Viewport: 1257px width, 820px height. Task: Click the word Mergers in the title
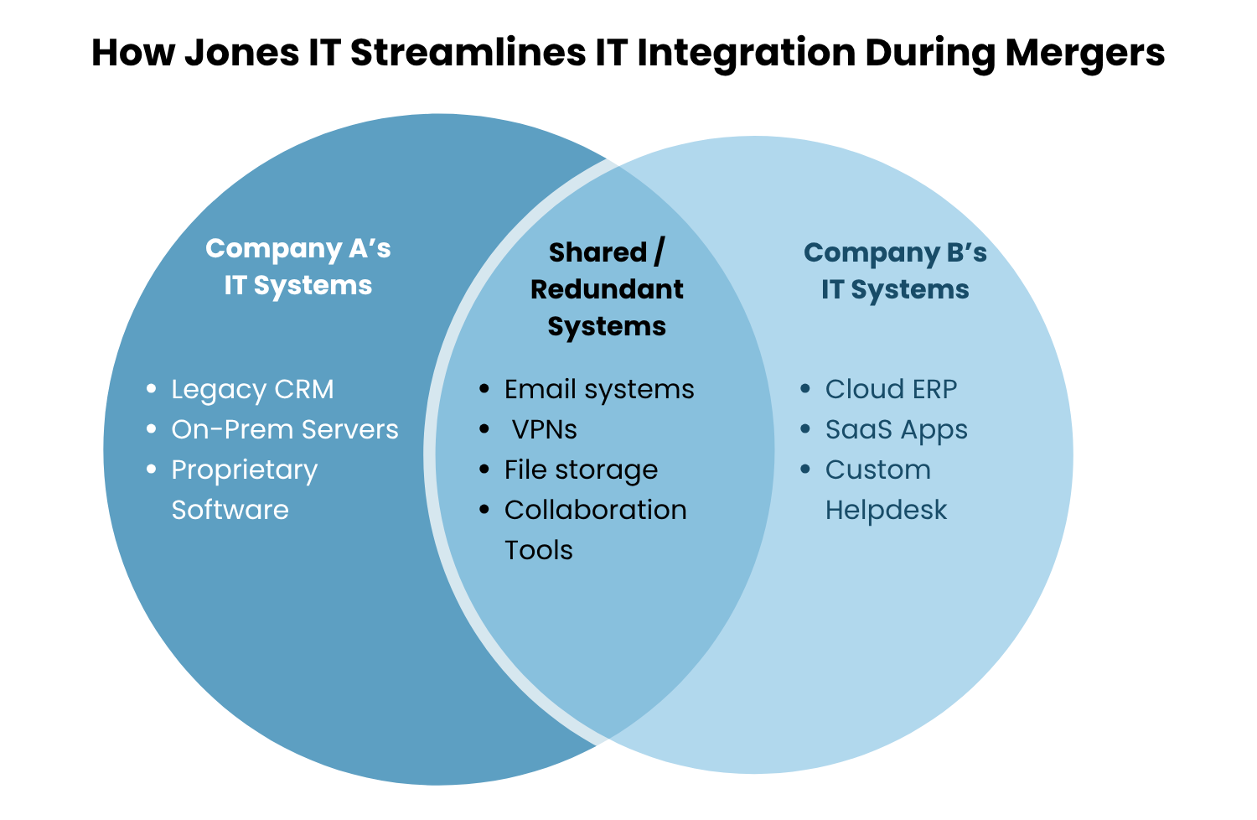[x=1085, y=52]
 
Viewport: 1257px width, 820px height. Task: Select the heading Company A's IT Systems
[x=298, y=267]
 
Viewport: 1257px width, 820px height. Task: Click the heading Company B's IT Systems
[x=895, y=271]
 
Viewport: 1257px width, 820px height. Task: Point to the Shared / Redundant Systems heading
[x=607, y=289]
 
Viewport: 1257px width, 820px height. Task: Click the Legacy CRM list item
[x=252, y=389]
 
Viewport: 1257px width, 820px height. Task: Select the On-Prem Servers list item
[x=285, y=429]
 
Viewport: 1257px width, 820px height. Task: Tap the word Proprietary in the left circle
[x=245, y=470]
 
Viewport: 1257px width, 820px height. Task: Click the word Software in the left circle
[x=230, y=510]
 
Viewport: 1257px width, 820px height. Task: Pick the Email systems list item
[x=599, y=389]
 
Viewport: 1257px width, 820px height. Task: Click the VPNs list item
[x=545, y=429]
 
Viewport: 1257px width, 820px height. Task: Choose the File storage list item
[x=581, y=470]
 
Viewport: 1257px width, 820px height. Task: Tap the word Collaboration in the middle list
[x=596, y=510]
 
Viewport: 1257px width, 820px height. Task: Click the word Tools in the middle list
[x=539, y=550]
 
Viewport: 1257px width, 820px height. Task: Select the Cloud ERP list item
[x=891, y=389]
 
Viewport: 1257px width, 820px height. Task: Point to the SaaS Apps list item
[x=897, y=429]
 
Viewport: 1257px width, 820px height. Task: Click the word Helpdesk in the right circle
[x=886, y=510]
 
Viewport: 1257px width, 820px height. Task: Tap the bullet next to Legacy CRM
[x=151, y=389]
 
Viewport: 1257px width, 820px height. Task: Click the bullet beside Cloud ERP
[x=805, y=389]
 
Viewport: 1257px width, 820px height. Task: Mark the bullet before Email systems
[x=484, y=389]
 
